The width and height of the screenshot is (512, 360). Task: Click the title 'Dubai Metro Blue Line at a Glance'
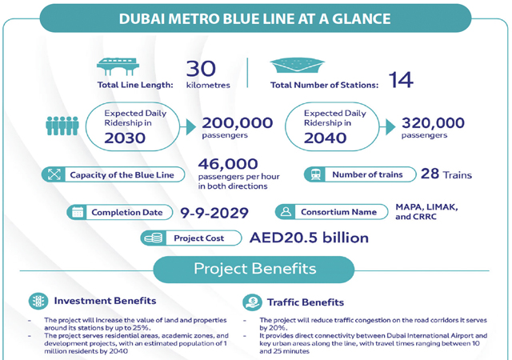255,18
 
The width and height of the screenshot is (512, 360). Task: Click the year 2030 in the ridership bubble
126,138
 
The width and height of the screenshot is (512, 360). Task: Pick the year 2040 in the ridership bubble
325,138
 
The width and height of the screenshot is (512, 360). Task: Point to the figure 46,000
228,164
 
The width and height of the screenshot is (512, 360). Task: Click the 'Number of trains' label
367,174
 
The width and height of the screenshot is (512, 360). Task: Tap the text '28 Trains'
446,174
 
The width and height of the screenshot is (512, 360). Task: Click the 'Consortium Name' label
338,212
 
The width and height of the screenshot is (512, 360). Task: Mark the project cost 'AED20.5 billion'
309,238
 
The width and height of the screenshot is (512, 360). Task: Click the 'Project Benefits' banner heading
254,269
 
